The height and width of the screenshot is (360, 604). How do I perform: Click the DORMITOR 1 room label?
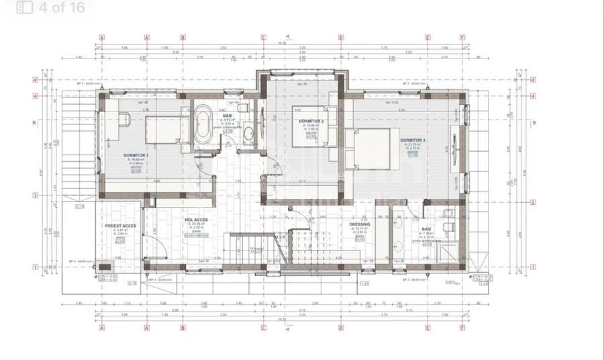136,155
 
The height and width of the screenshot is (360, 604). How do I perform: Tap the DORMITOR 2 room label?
311,121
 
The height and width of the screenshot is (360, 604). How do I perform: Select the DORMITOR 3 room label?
413,140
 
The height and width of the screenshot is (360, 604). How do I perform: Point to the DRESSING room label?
360,224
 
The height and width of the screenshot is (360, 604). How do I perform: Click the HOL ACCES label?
196,220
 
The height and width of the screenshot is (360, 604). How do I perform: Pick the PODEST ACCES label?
121,226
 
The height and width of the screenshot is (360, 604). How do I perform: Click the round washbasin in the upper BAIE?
248,132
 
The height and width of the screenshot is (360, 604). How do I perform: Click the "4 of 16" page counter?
61,7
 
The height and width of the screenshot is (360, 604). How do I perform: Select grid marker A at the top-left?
101,38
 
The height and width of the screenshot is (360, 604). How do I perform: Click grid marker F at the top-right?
462,38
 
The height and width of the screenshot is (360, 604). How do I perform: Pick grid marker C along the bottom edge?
263,328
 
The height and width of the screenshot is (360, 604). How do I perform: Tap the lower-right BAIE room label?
427,229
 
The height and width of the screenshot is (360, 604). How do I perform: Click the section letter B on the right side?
534,123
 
